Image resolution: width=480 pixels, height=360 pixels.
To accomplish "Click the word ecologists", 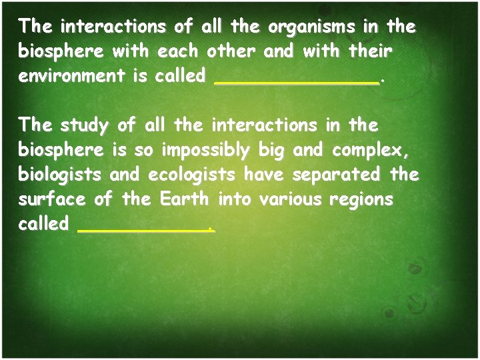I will (193, 175).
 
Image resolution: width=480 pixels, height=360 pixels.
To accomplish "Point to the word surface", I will (54, 199).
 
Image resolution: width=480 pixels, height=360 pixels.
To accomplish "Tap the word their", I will (369, 51).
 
